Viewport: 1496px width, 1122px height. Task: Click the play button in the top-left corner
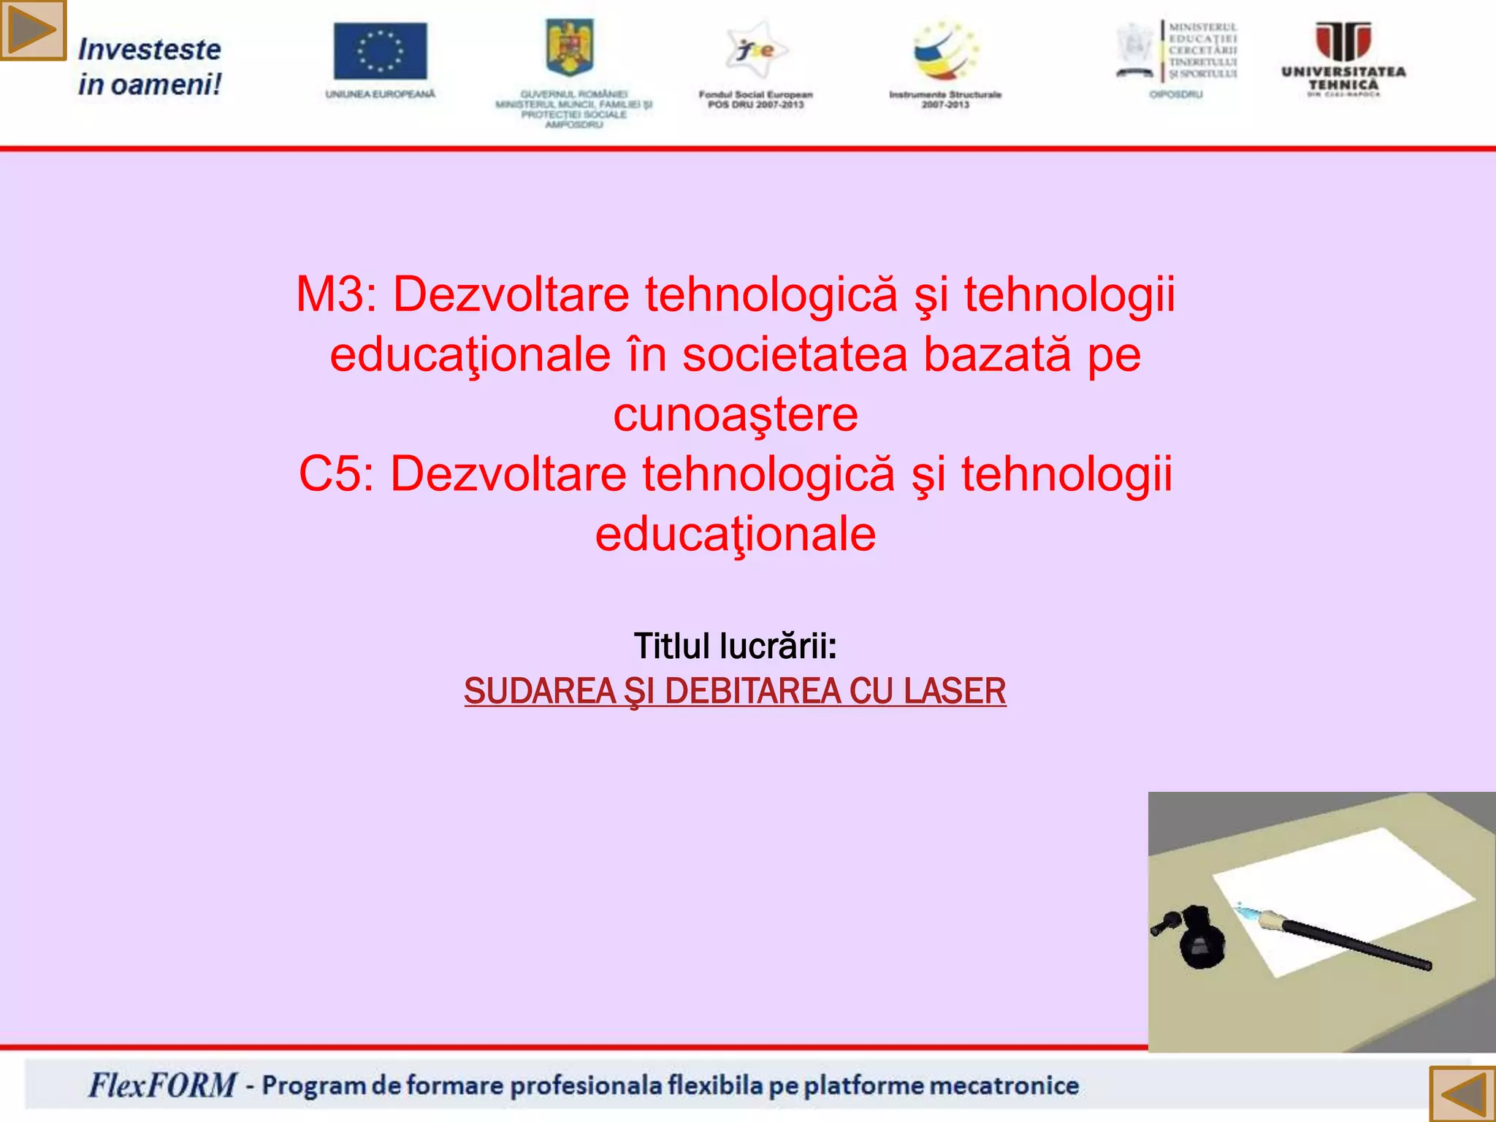tap(33, 30)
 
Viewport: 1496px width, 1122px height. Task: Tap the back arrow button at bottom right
tap(1462, 1094)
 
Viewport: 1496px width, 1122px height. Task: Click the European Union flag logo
tap(380, 51)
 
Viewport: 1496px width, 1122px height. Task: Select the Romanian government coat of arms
tap(570, 47)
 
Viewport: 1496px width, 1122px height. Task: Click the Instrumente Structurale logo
tap(944, 51)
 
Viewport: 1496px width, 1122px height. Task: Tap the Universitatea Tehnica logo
tap(1343, 58)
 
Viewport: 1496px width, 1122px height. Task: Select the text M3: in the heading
tap(336, 295)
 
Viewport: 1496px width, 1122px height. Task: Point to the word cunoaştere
tap(735, 415)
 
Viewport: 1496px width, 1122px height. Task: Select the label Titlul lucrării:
tap(735, 646)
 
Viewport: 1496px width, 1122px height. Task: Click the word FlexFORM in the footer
tap(162, 1085)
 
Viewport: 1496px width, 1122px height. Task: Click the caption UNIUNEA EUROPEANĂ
tap(380, 94)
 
